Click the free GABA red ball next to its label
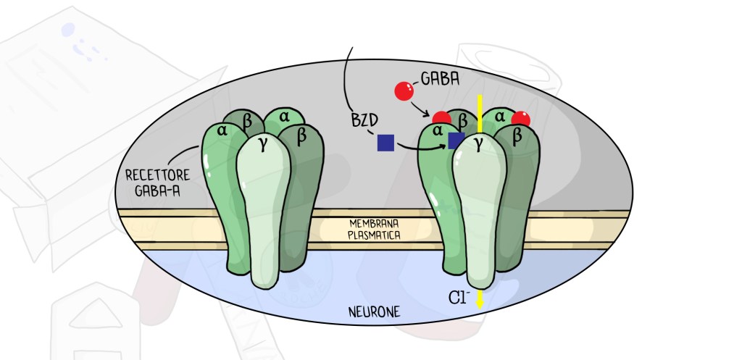[404, 91]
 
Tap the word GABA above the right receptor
[439, 78]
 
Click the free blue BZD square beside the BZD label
[385, 143]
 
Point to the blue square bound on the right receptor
[456, 140]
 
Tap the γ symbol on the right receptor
[478, 145]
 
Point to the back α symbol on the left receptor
[283, 115]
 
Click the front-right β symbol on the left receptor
[302, 135]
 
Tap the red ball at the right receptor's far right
[520, 120]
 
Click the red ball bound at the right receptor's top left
[441, 118]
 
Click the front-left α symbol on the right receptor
[438, 131]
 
